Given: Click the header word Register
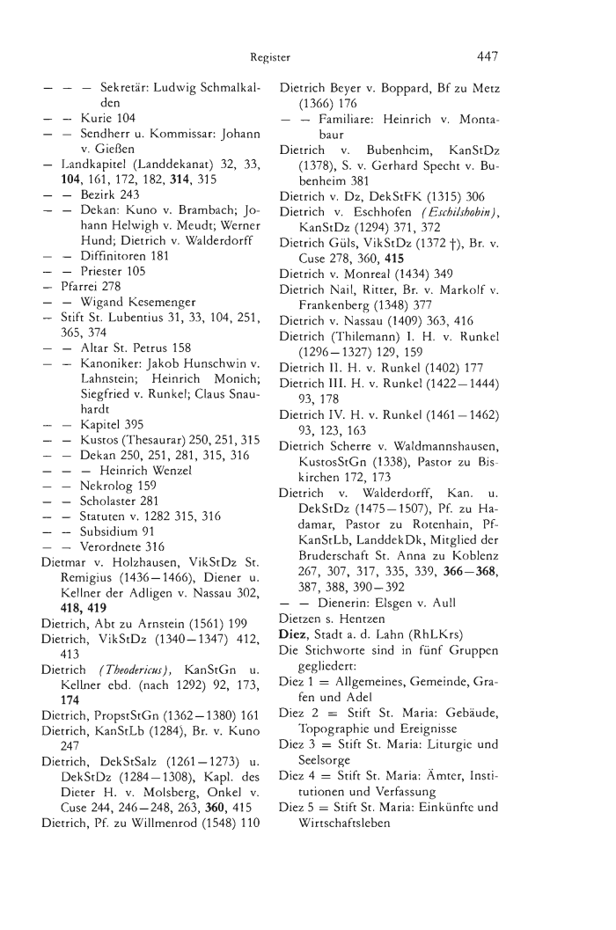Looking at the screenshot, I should click(x=269, y=58).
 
